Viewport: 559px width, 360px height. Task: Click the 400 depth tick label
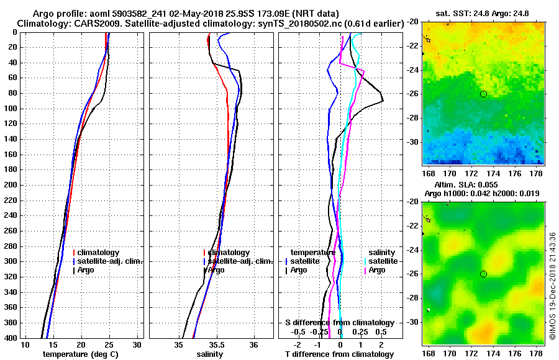coord(11,338)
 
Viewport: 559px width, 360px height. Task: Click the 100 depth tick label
coord(11,109)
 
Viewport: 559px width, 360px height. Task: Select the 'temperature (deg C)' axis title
coord(80,354)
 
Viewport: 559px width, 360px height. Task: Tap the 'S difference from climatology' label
coord(339,323)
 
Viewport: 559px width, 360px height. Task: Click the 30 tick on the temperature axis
coord(138,344)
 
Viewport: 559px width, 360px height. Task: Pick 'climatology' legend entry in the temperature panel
coord(96,253)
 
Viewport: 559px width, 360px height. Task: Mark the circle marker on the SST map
coord(483,94)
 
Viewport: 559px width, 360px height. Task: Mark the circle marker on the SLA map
coord(483,274)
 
